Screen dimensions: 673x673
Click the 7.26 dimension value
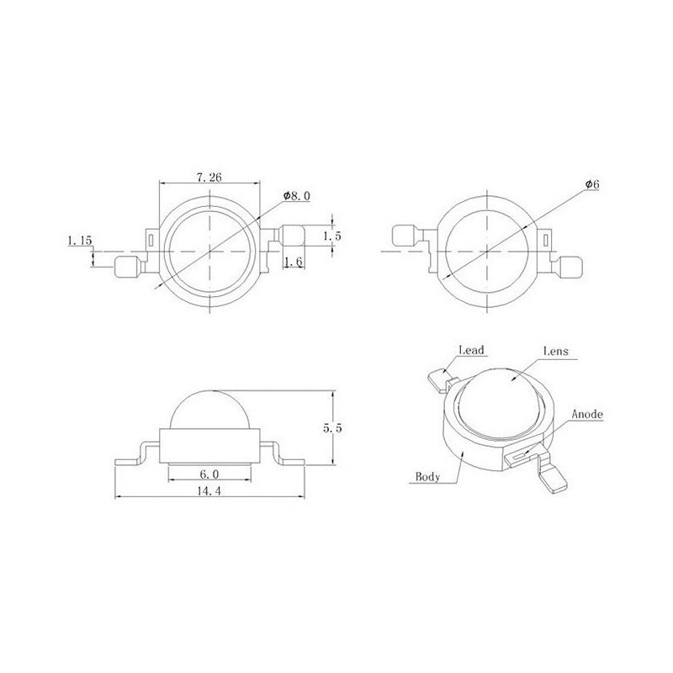click(209, 177)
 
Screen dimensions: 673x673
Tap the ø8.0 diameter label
click(297, 196)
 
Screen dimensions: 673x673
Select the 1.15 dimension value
click(80, 241)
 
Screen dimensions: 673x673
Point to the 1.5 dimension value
click(332, 236)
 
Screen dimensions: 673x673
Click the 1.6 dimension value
click(294, 261)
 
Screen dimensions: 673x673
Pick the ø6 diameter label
click(592, 184)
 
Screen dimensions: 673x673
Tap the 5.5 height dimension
click(332, 428)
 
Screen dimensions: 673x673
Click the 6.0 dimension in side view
click(209, 474)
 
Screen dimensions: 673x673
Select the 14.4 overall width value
click(209, 490)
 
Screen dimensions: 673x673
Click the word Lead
click(472, 350)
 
